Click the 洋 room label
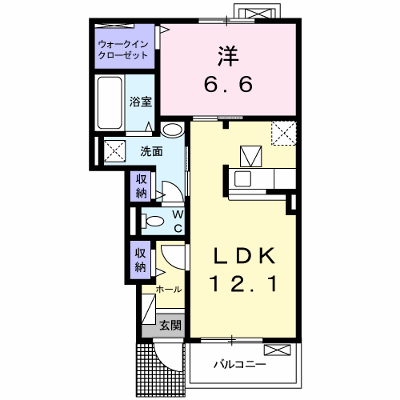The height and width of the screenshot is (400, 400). (x=229, y=56)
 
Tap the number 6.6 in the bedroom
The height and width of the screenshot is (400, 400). (x=229, y=84)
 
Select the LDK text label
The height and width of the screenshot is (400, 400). (x=244, y=257)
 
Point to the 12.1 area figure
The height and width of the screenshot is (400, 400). (x=244, y=284)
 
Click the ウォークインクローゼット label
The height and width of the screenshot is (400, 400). (x=124, y=49)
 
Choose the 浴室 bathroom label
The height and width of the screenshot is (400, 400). (x=141, y=102)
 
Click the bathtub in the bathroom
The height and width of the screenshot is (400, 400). (x=109, y=103)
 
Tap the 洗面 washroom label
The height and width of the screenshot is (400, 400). (x=151, y=152)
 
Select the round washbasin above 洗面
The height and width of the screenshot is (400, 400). (x=172, y=129)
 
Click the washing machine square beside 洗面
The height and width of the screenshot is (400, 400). (x=115, y=151)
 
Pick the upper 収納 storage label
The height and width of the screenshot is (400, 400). (x=141, y=186)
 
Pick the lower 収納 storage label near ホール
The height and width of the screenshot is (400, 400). (x=141, y=260)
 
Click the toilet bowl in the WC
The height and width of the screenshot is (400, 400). (x=153, y=221)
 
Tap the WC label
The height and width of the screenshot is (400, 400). (x=178, y=221)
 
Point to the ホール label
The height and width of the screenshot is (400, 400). (x=168, y=289)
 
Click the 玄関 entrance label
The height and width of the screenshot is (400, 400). (x=170, y=325)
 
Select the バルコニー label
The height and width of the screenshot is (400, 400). (x=240, y=364)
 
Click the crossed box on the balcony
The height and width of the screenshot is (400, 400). (x=277, y=350)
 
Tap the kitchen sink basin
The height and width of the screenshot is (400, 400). (x=243, y=180)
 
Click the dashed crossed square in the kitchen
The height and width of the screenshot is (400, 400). (x=283, y=133)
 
